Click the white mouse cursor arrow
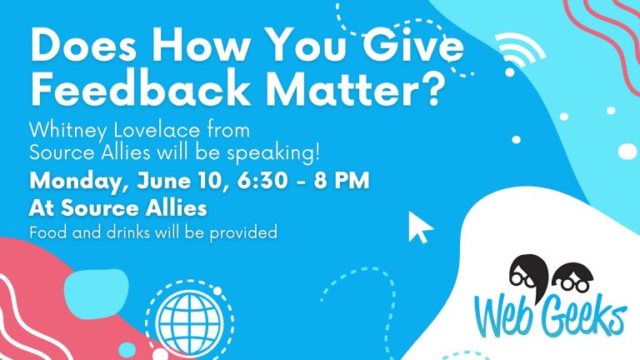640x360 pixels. click(419, 227)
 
